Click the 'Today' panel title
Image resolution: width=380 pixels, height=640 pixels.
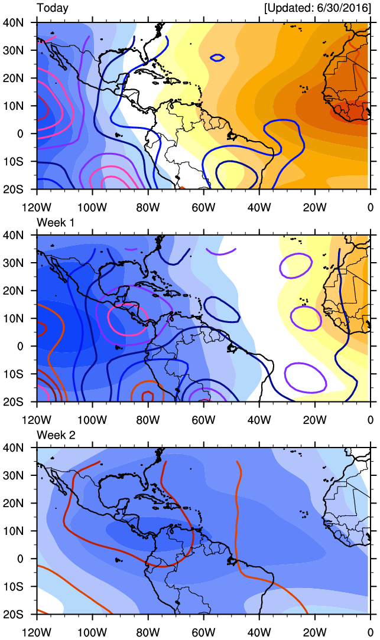pos(52,8)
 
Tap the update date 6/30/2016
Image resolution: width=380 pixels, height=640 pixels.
pos(336,8)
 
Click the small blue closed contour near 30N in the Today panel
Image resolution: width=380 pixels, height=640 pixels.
pos(217,58)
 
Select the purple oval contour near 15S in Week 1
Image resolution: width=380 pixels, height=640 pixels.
pos(305,377)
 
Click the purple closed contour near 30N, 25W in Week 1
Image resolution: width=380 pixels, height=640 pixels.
pos(297,266)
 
